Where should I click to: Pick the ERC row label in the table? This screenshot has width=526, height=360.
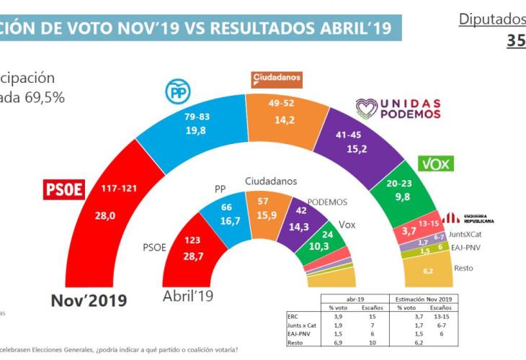(293, 316)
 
